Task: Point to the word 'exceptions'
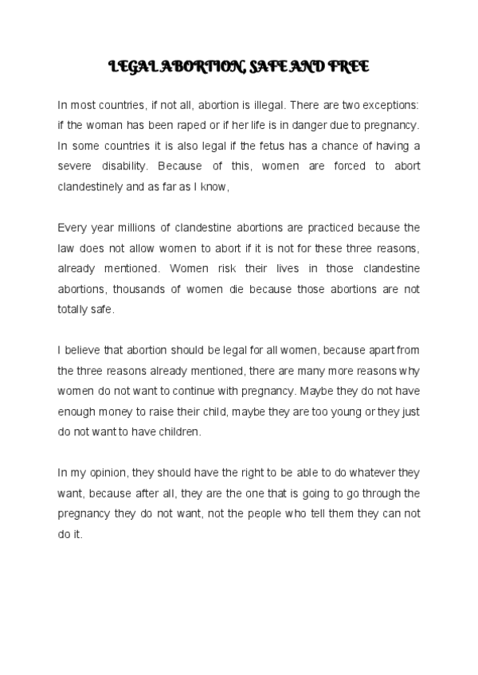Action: tap(390, 104)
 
